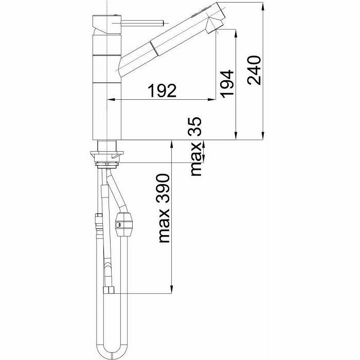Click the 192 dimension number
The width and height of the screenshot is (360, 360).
click(162, 91)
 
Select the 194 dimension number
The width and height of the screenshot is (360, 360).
click(227, 84)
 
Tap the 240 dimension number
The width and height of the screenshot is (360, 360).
click(254, 70)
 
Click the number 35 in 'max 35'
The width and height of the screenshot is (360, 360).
click(195, 127)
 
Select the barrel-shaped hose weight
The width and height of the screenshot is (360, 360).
click(123, 224)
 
